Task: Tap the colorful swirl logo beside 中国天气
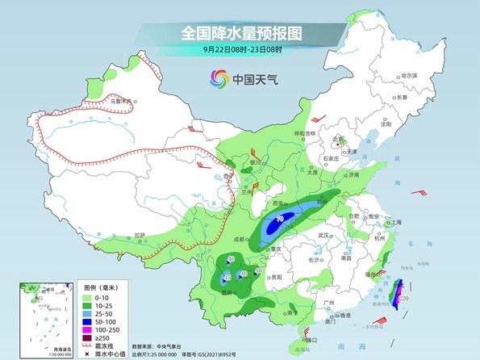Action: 219,78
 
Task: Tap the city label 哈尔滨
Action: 410,75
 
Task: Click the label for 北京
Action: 338,139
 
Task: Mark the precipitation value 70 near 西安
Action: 280,218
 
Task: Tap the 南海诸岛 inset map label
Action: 31,348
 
